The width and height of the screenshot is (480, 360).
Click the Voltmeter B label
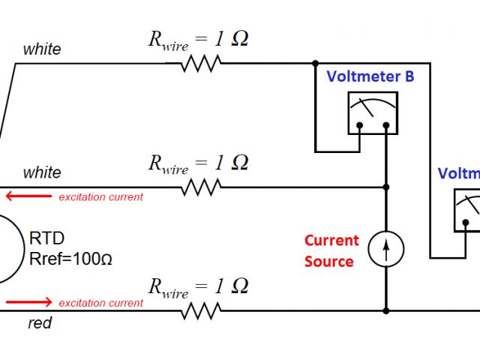370,76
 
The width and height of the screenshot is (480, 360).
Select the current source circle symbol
386,248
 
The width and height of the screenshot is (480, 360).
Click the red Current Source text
331,250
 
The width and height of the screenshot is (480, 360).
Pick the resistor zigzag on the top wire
200,64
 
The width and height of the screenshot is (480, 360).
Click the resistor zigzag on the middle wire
200,187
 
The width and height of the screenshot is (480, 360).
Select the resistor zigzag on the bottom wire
200,310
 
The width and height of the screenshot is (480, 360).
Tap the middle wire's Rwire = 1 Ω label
198,163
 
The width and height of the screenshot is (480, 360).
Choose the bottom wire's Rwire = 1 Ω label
198,286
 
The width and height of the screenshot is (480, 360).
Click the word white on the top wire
42,49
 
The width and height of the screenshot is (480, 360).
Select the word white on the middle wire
42,172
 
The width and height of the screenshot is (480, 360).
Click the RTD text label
46,238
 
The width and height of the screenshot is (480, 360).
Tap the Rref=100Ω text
70,259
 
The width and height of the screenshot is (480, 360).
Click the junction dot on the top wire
316,64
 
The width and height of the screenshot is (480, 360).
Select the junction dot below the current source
386,310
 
